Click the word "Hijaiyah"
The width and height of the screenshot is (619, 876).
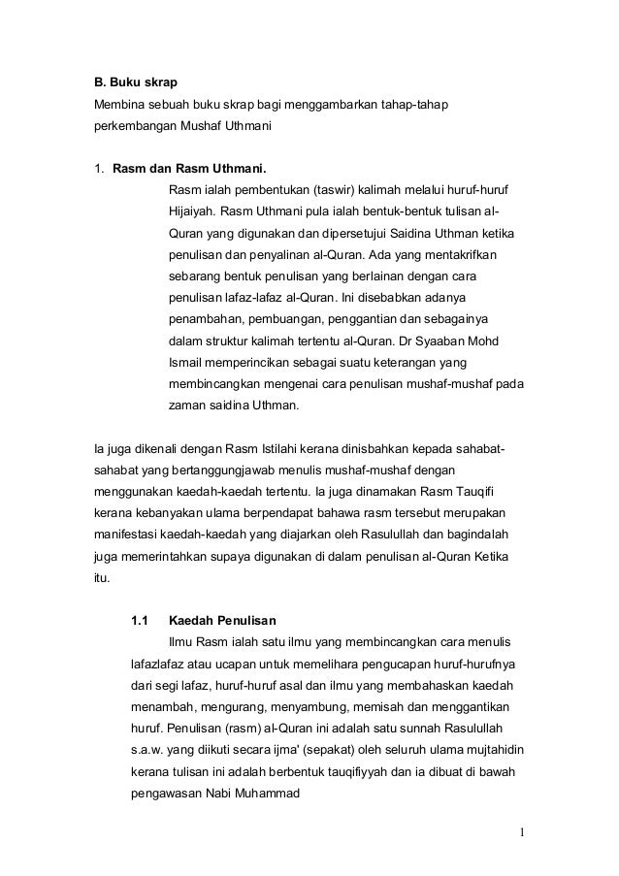(191, 211)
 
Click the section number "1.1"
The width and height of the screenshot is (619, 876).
(139, 619)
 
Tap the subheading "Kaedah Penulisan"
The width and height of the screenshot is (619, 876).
(222, 619)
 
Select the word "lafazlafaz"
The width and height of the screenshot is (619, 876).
(159, 665)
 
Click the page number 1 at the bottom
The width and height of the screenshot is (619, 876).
(522, 830)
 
